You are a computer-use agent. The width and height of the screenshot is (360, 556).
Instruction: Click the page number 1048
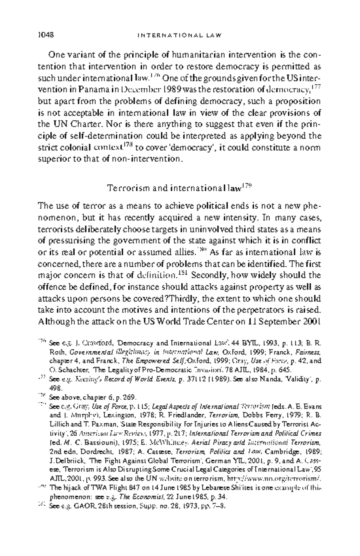click(x=46, y=35)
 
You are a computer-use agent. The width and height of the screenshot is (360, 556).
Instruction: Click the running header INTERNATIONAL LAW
click(x=179, y=35)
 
